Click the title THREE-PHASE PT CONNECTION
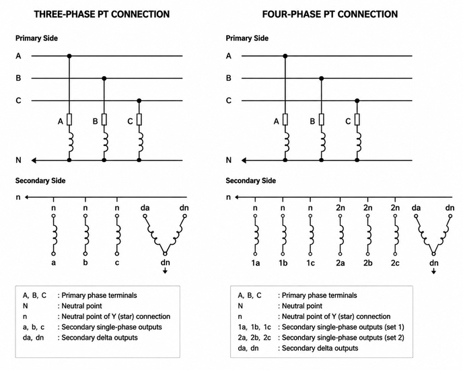tap(102, 14)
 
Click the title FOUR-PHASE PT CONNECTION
tap(330, 14)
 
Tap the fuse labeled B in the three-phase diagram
tap(104, 120)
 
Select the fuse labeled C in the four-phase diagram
tap(357, 120)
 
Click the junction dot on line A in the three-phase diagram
tap(69, 56)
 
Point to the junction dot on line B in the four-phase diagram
tap(322, 78)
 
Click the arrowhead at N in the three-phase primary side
tap(34, 160)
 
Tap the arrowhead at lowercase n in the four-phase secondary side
tap(237, 197)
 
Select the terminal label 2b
tap(367, 263)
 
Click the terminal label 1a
tap(256, 263)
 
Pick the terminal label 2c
tap(395, 263)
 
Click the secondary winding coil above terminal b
tap(86, 235)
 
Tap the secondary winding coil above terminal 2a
tap(341, 235)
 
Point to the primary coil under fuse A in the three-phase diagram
tap(71, 142)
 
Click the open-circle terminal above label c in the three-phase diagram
tap(117, 216)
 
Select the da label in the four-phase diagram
tap(416, 208)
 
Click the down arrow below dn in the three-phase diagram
tap(165, 270)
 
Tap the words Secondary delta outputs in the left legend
tap(100, 338)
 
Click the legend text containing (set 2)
tap(343, 338)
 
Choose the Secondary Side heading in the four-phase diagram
tap(251, 181)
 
